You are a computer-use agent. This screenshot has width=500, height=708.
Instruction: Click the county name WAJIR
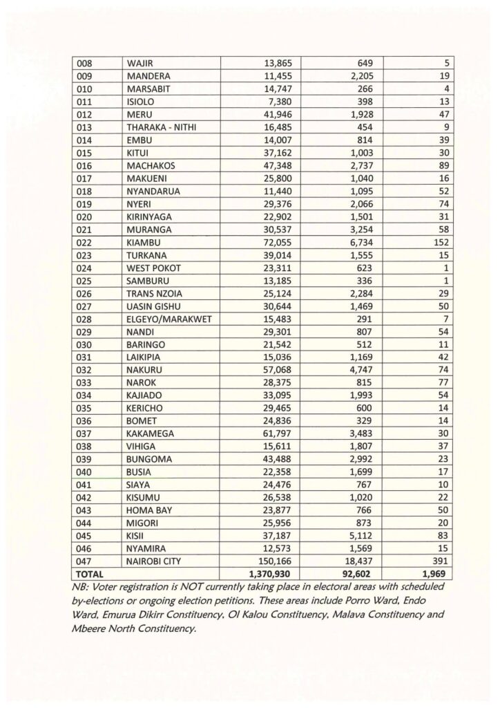(x=140, y=64)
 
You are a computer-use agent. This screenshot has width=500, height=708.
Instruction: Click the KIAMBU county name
(x=144, y=242)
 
